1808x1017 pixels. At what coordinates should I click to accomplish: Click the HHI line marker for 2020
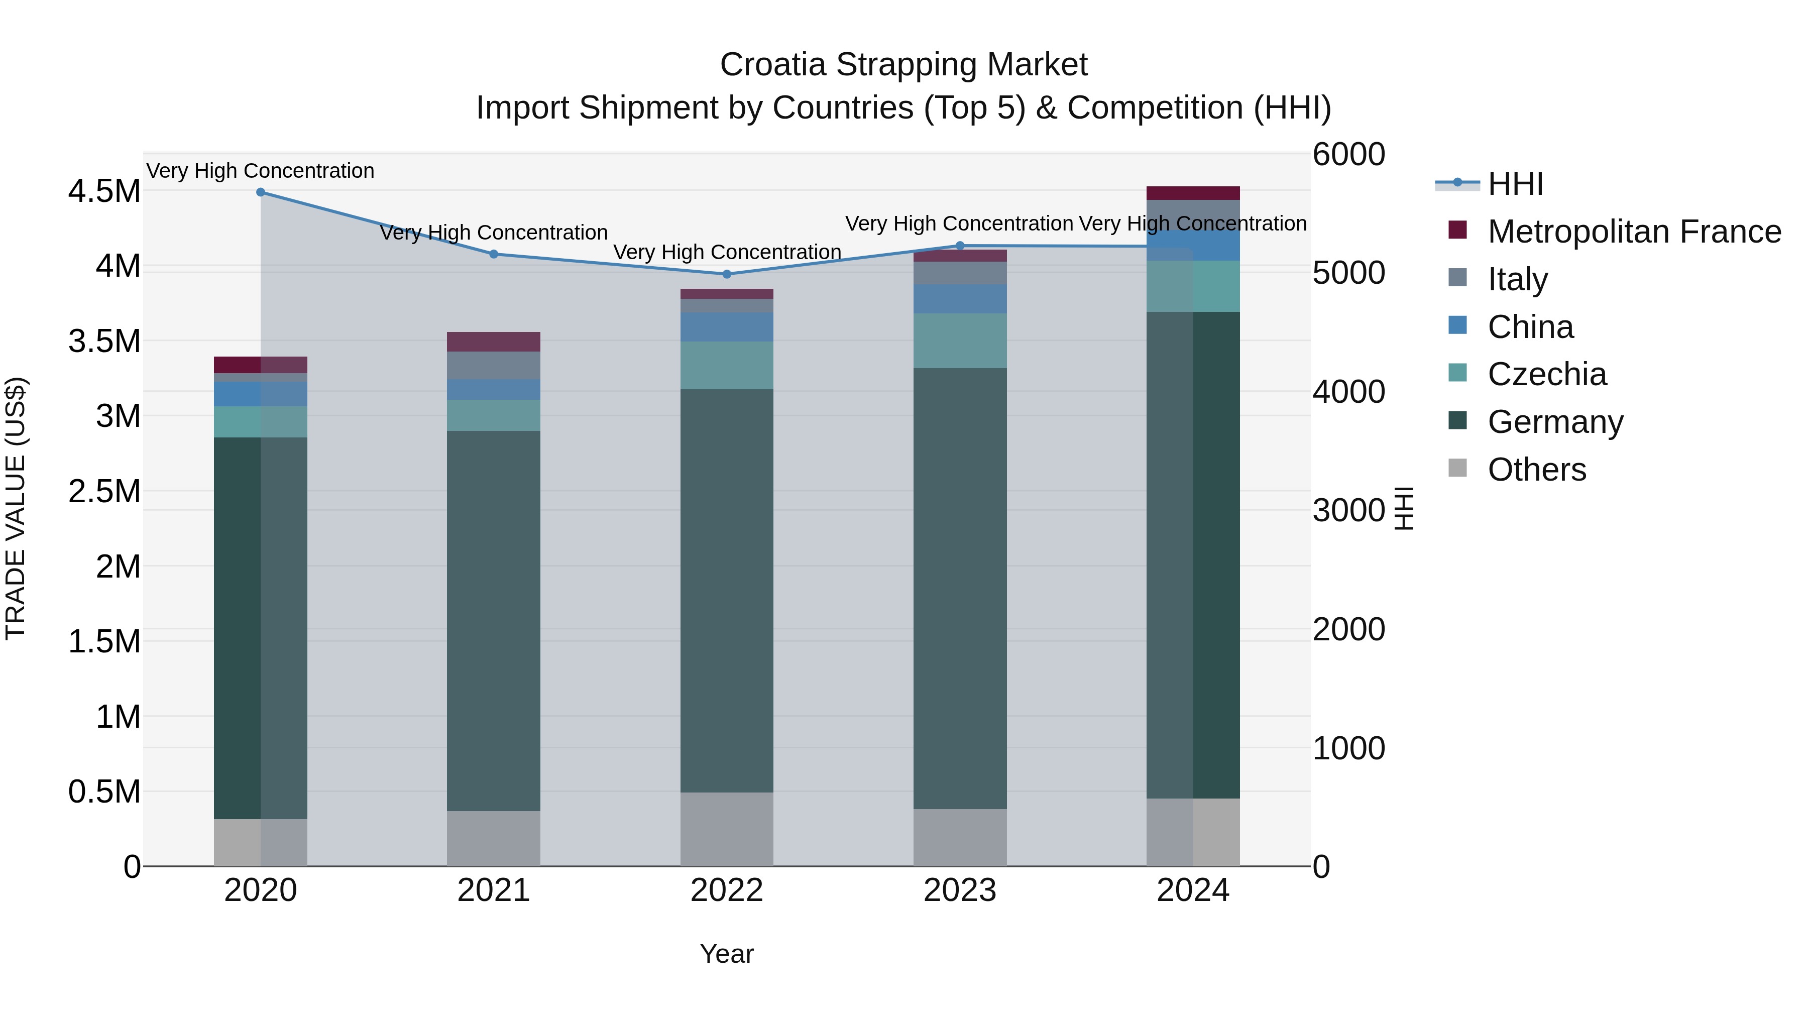tap(260, 192)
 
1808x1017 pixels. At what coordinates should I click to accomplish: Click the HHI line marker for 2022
tap(726, 274)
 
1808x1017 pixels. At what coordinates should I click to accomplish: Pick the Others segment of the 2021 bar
tap(493, 838)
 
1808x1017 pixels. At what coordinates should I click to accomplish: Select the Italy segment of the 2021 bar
tap(493, 365)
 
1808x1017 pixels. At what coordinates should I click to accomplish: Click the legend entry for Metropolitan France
tap(1634, 232)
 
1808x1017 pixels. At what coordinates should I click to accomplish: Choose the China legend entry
tap(1530, 327)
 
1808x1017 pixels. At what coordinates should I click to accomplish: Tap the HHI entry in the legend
tap(1515, 184)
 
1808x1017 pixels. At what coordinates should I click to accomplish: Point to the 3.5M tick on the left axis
tap(104, 341)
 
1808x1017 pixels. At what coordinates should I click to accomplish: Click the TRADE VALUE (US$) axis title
tap(16, 508)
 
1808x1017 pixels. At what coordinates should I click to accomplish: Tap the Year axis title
tap(726, 954)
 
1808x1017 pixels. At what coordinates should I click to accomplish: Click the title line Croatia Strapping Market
tap(903, 65)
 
